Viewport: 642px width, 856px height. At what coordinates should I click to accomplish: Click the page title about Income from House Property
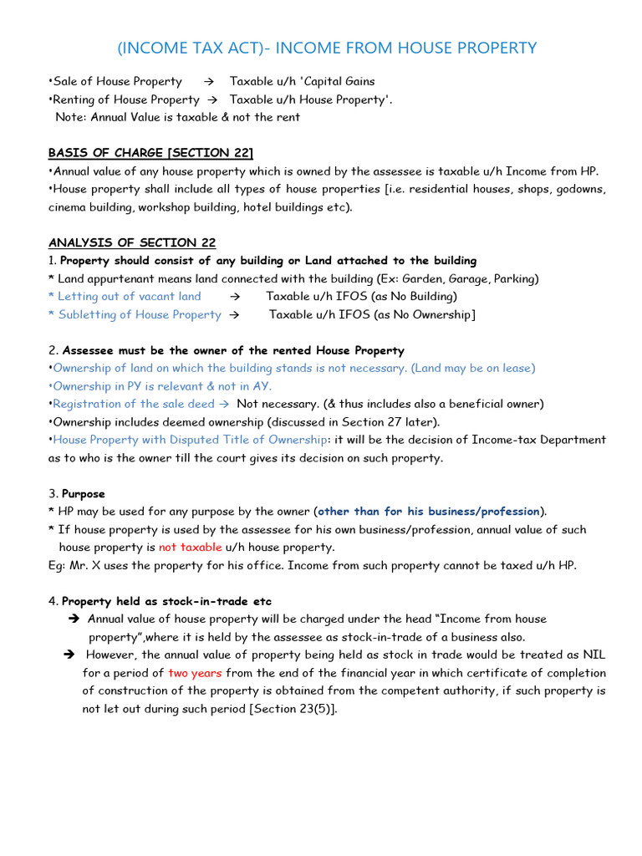[327, 48]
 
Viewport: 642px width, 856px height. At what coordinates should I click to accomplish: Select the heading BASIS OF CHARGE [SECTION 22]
[150, 153]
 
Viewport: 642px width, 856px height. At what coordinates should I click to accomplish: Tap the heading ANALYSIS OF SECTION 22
[132, 242]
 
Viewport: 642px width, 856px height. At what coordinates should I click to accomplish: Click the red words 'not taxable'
[191, 548]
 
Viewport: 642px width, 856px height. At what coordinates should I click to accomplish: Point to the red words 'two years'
[195, 673]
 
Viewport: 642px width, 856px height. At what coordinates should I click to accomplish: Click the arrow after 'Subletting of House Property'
[234, 315]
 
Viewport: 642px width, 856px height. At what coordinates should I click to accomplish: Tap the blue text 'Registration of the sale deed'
[134, 404]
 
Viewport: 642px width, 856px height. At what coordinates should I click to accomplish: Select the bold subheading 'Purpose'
[84, 494]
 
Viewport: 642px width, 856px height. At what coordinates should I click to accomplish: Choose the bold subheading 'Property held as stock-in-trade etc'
[166, 602]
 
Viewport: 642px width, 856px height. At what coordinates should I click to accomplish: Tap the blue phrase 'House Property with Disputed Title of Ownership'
[190, 440]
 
